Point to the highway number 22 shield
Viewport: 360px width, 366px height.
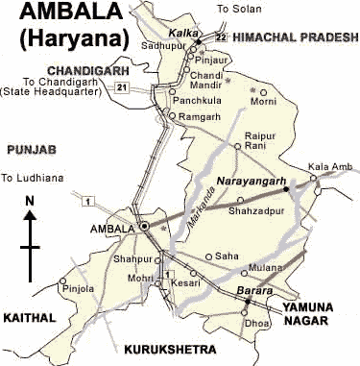(x=221, y=37)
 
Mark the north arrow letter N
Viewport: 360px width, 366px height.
(x=31, y=200)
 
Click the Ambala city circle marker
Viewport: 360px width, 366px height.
(x=144, y=227)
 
